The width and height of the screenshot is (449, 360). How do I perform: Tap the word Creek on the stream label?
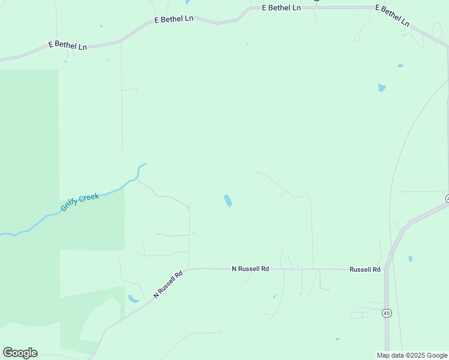(89, 198)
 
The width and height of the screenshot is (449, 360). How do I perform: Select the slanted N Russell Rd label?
(168, 284)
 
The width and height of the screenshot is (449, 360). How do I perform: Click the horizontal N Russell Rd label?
(250, 269)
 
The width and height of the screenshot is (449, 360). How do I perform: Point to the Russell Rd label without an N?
(365, 269)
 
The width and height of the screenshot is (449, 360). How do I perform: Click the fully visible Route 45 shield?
(387, 313)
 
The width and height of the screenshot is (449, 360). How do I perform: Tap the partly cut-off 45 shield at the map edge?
(447, 198)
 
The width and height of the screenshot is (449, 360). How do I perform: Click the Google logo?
(20, 353)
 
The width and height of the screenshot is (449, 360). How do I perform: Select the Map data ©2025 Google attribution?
(412, 355)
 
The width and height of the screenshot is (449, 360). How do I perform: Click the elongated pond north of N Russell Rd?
(228, 200)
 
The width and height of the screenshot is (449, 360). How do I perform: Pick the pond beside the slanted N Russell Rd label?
(133, 299)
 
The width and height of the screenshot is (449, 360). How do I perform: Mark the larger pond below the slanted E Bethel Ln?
(382, 88)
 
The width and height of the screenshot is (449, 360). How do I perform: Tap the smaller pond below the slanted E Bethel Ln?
(400, 65)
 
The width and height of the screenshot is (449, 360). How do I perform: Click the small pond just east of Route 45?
(411, 259)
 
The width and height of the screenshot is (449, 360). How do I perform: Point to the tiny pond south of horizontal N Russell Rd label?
(274, 296)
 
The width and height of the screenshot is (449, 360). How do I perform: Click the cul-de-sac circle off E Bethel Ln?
(357, 38)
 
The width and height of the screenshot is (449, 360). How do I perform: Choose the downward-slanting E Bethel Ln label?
(392, 16)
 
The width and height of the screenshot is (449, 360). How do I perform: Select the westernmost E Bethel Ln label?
(67, 45)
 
